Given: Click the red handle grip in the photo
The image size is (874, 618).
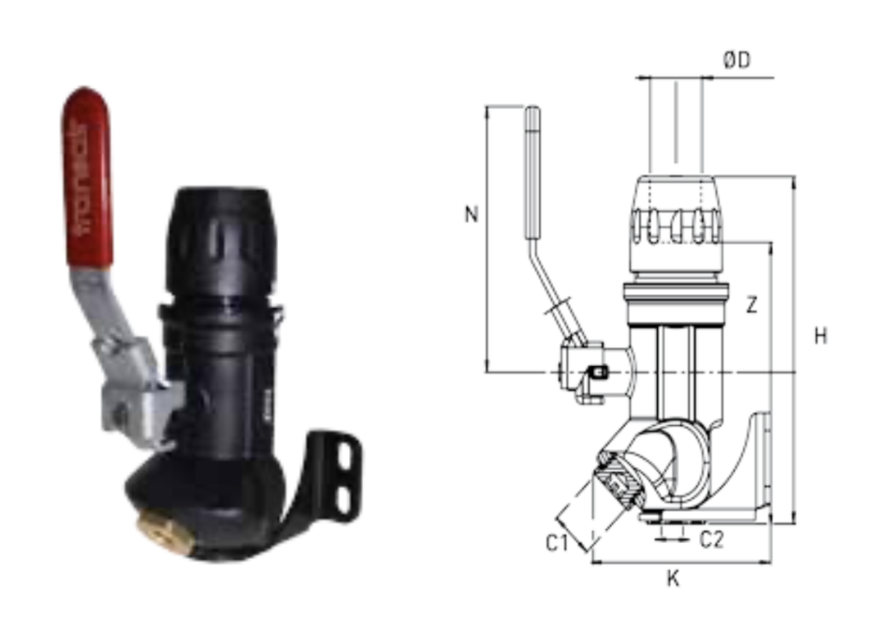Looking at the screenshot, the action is (87, 178).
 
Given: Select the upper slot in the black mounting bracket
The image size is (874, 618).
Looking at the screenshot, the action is (345, 455).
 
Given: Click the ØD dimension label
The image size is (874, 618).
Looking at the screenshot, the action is (737, 59).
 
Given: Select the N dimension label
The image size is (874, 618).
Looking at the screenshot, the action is (471, 214).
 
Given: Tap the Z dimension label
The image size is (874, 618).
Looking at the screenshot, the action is (752, 306).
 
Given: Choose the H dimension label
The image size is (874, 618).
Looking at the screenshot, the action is (820, 336).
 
